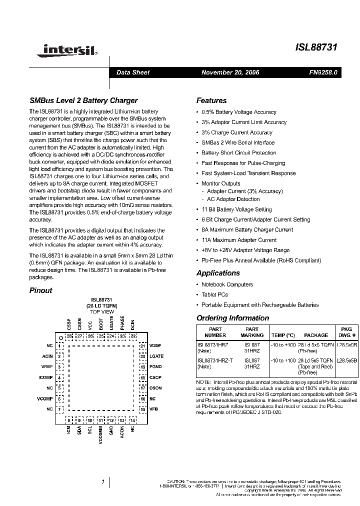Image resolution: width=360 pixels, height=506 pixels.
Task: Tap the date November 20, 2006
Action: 230,72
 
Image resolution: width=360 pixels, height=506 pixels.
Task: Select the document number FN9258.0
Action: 323,72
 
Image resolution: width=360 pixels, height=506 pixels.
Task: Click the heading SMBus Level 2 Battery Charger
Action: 83,100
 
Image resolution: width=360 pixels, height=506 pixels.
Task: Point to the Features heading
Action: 211,100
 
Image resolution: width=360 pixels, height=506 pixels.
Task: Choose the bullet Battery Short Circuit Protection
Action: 238,153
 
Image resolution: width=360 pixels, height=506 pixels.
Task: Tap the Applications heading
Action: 218,273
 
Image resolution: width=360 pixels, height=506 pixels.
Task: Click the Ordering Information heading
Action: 232,318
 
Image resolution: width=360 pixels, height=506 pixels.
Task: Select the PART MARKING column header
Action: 252,332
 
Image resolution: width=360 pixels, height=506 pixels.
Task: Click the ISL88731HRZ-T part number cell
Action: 215,360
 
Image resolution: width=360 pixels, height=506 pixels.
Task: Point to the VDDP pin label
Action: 156,345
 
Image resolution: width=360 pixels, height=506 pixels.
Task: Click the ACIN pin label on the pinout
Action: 47,356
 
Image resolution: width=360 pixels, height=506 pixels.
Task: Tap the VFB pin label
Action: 154,409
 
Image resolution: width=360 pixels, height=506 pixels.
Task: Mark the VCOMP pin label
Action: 45,398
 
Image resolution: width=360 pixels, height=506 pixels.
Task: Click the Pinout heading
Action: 40,290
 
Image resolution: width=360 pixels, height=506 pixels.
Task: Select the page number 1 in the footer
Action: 102,482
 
